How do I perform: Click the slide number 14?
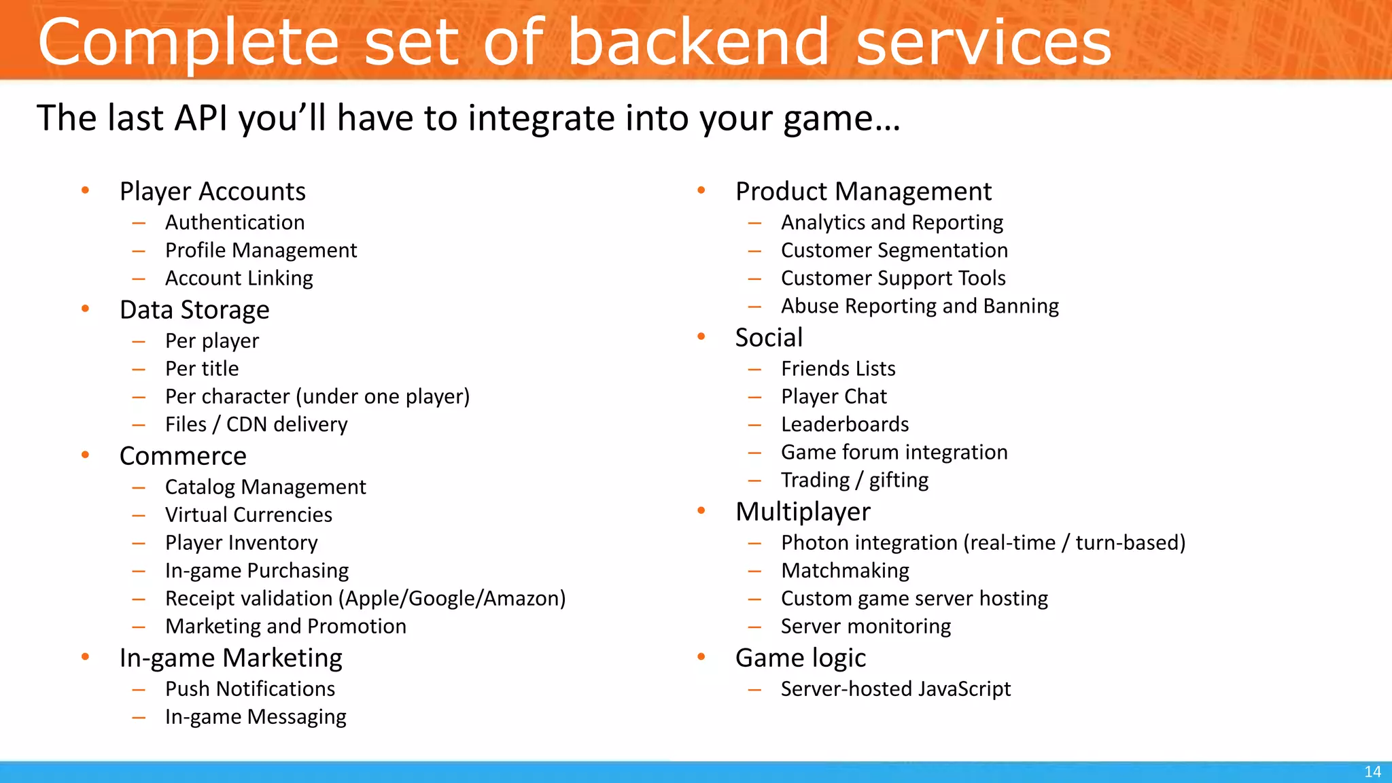point(1372,772)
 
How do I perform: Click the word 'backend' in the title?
point(698,42)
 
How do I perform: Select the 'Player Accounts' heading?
point(212,192)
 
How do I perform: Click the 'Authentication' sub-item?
point(234,222)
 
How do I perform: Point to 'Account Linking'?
point(239,278)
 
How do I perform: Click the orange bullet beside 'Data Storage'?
point(86,309)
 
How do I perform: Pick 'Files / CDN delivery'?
point(256,424)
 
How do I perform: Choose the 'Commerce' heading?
point(183,456)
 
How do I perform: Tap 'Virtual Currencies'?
point(249,515)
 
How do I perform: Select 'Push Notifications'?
point(250,689)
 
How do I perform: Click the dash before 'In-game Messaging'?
point(139,717)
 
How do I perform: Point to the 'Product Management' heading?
point(863,192)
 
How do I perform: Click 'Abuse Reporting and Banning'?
point(920,306)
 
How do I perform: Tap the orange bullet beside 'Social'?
point(701,336)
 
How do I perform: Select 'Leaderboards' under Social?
point(845,424)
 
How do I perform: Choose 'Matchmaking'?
point(845,570)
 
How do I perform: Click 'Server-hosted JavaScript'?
point(895,689)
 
